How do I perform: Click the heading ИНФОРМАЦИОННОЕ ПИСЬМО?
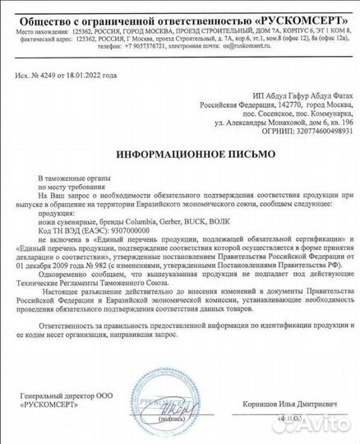179,154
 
